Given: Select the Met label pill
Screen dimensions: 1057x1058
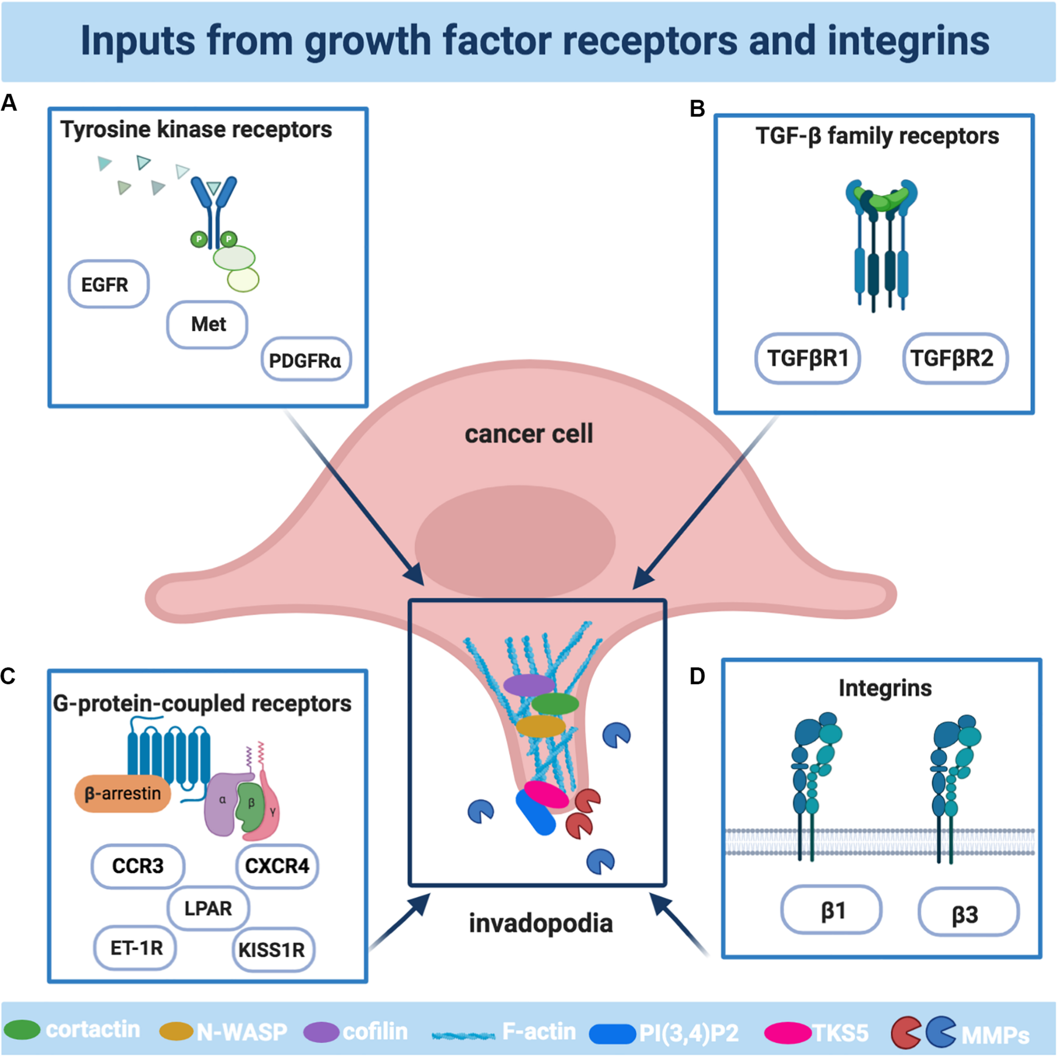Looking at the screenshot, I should [207, 324].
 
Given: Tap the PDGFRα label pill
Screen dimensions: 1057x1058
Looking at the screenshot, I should [306, 360].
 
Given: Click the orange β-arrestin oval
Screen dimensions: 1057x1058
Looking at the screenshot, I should [123, 793].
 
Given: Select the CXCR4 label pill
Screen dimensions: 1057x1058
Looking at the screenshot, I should [277, 866].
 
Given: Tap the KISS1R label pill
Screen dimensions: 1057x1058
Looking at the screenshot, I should [272, 949].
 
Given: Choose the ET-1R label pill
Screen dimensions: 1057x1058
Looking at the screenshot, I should [136, 947].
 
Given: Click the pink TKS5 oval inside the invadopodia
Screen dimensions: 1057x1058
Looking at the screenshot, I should [546, 794].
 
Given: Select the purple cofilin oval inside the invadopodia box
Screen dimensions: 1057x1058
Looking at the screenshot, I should [529, 684].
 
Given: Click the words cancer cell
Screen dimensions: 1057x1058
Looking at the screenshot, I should [529, 434].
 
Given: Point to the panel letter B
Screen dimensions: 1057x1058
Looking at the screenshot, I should [697, 108].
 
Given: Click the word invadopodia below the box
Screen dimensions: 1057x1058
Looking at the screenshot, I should [540, 923].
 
